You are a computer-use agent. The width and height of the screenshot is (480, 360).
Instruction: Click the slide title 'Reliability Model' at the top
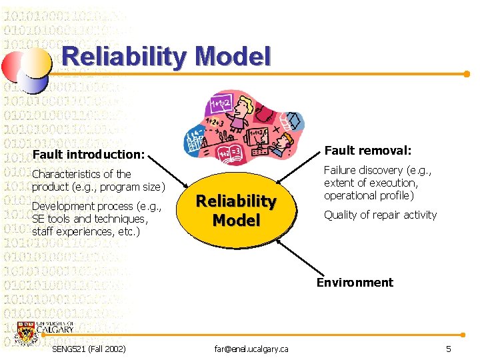coord(166,57)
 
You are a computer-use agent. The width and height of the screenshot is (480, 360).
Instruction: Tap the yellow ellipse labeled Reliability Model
coord(235,211)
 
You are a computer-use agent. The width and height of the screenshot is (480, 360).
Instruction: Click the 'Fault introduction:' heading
coord(88,155)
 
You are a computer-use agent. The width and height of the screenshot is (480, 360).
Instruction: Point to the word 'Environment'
coord(355,282)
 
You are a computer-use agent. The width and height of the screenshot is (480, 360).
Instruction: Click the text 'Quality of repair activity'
coord(380,215)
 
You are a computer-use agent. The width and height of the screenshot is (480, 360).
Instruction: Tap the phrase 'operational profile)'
coord(369,195)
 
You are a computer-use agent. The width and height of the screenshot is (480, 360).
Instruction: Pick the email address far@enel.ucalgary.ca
coord(251,349)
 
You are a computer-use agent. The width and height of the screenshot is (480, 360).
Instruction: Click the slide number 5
coord(449,349)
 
